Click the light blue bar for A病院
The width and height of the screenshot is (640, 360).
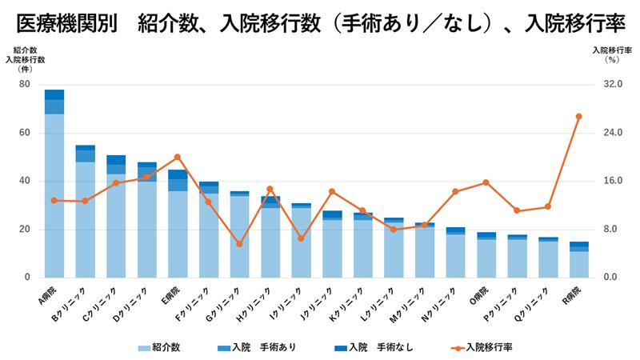pyautogui.click(x=54, y=196)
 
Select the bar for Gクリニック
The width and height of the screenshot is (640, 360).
pyautogui.click(x=239, y=236)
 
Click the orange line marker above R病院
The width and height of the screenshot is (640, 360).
pyautogui.click(x=578, y=117)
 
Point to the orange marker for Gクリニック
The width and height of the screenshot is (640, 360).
pyautogui.click(x=239, y=243)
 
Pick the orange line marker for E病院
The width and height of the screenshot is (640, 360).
pyautogui.click(x=178, y=157)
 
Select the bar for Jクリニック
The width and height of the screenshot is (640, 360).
pyautogui.click(x=332, y=248)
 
